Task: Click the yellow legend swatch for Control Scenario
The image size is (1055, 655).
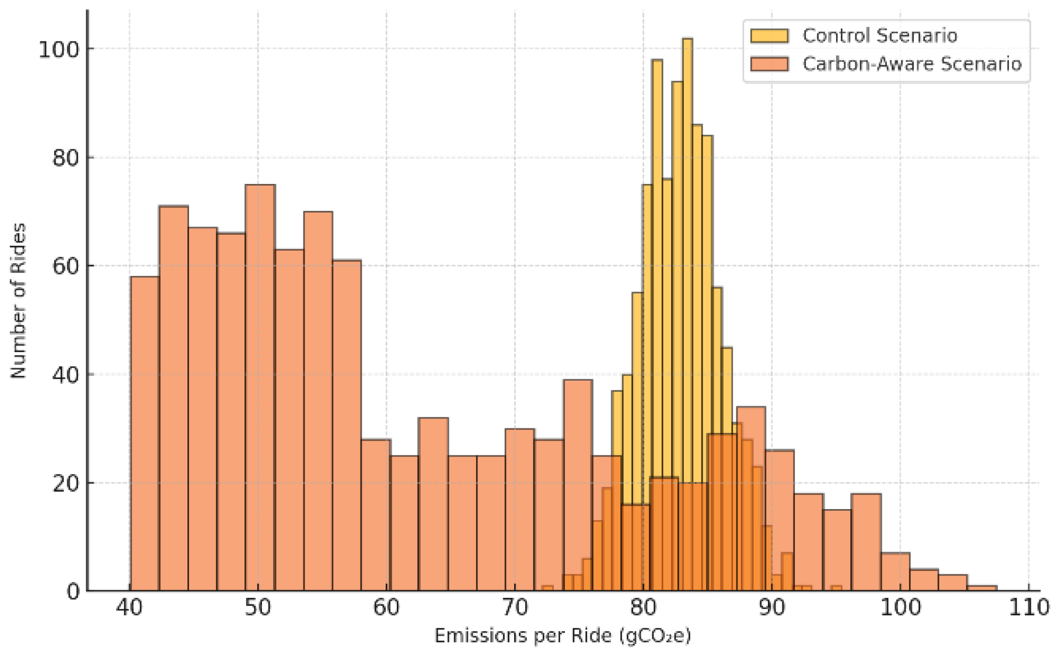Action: point(769,36)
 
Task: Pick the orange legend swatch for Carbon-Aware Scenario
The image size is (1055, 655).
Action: point(769,64)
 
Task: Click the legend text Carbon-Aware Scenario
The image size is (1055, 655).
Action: point(911,64)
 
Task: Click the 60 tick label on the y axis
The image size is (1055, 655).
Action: point(65,266)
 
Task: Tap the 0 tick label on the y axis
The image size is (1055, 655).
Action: point(73,592)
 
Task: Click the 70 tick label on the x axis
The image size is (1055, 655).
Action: point(515,608)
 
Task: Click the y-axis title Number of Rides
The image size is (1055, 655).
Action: point(19,301)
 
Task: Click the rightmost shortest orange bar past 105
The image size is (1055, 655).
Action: point(982,588)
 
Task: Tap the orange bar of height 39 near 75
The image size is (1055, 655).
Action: point(578,467)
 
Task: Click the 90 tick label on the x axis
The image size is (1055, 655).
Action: point(771,608)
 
